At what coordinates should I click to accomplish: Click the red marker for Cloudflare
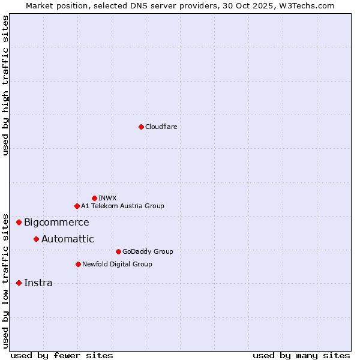[141, 127]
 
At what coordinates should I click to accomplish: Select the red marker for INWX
[94, 198]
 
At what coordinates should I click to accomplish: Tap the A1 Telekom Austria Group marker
[77, 206]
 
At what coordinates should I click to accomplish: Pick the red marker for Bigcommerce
[19, 222]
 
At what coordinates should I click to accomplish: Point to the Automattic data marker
[36, 239]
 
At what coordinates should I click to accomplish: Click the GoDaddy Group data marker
[118, 251]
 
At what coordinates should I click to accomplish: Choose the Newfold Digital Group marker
[78, 264]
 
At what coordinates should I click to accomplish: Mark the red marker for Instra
[19, 283]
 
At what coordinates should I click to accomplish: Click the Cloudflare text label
[161, 127]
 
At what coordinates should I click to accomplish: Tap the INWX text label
[108, 198]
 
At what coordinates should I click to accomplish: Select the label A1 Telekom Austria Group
[122, 206]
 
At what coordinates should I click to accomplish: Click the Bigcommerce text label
[56, 223]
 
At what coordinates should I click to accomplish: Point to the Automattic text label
[67, 239]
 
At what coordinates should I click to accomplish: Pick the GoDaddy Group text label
[147, 251]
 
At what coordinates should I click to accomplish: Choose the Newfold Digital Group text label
[117, 264]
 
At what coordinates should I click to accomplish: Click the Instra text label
[38, 283]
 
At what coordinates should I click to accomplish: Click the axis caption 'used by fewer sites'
[61, 355]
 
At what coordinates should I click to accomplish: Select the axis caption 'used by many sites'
[301, 355]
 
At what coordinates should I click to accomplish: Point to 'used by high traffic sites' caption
[5, 85]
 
